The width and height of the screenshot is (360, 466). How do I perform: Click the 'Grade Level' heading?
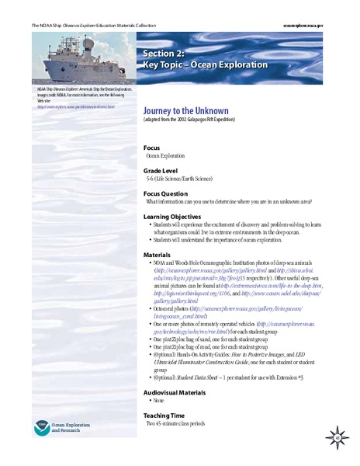click(x=163, y=168)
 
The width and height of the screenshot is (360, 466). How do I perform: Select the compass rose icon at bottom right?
click(x=339, y=438)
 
